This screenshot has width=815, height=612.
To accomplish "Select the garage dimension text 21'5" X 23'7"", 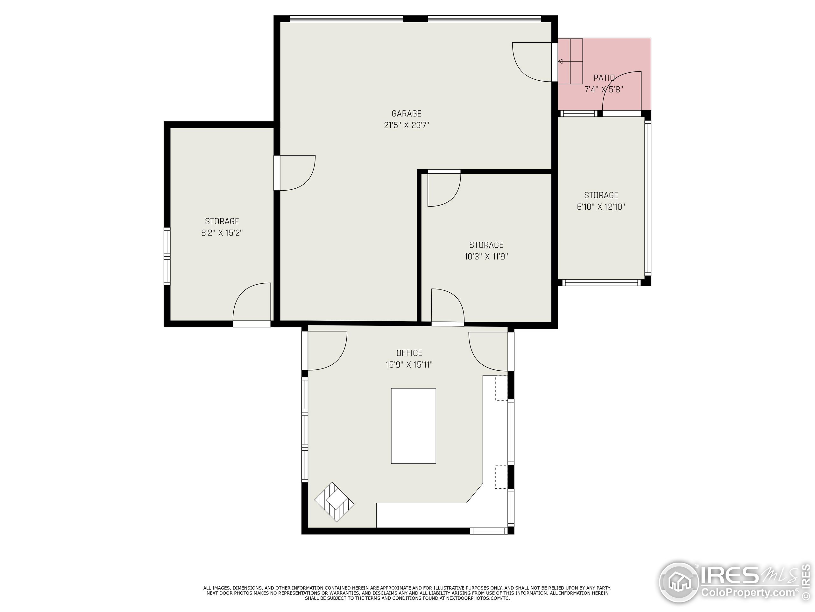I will coord(407,125).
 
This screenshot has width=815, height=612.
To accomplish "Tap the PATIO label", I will coord(604,78).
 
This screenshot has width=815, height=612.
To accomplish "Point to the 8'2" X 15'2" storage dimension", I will coord(222,233).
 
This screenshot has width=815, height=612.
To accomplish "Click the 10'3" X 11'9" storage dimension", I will coord(486,257).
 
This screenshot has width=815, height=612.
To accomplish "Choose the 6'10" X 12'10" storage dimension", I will coord(601,207).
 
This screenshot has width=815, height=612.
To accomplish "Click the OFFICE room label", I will coord(409,353).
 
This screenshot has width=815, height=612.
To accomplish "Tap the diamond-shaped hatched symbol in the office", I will coord(334,502).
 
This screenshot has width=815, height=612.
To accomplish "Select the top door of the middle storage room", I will coord(443,189).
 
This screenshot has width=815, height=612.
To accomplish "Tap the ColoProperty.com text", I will coord(748,593).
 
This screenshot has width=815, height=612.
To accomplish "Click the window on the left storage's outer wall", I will coord(167,256).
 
